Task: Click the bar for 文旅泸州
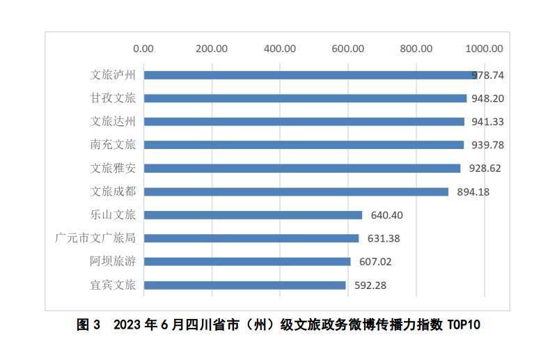click(310, 75)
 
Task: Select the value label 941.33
click(487, 122)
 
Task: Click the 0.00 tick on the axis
click(143, 49)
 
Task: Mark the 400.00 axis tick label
click(280, 49)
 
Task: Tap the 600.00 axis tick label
click(348, 49)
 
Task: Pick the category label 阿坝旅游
click(113, 262)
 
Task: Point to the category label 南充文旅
click(113, 145)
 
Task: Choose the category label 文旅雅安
click(113, 169)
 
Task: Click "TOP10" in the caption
click(463, 325)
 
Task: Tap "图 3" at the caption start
click(88, 325)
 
